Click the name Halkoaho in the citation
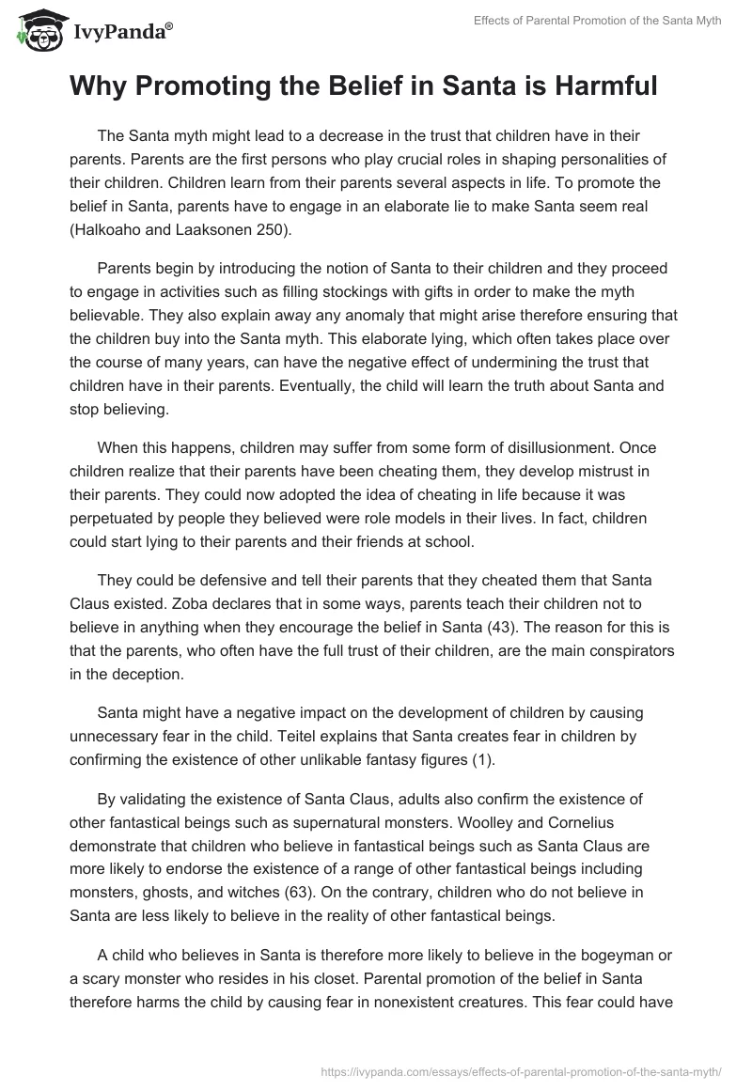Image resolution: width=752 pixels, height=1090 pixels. [x=110, y=227]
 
